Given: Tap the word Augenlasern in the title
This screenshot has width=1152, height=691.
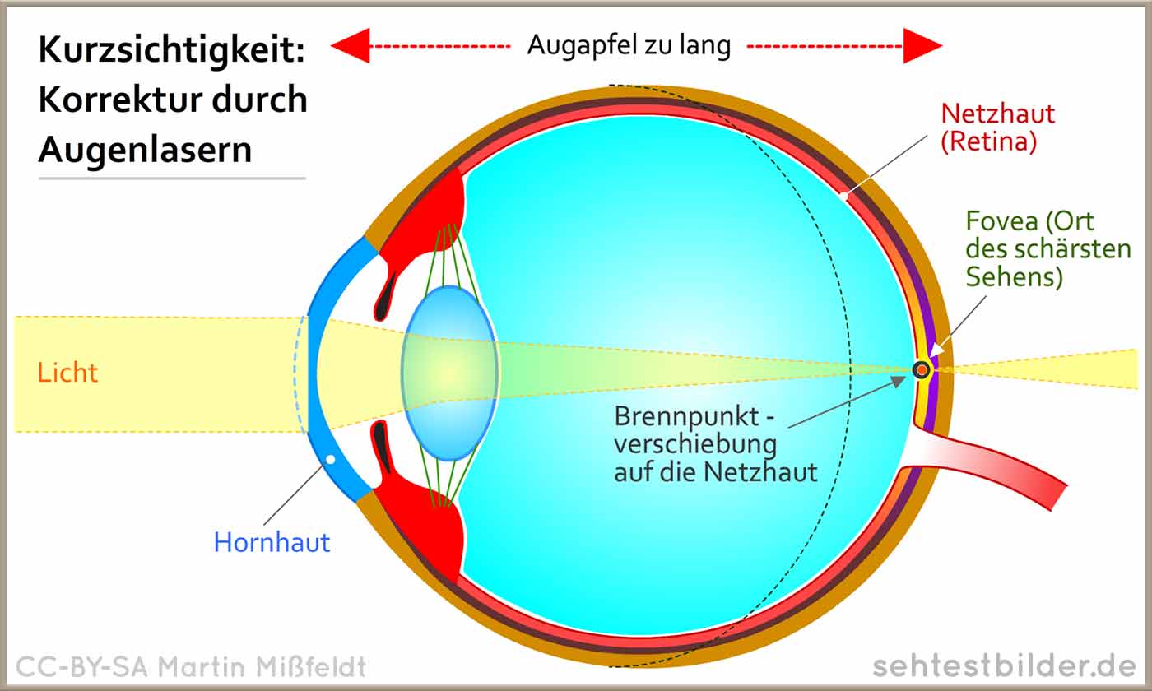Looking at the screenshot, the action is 145,150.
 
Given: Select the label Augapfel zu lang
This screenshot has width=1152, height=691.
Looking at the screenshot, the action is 629,45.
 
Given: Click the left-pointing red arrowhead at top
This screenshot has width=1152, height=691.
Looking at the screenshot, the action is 351,46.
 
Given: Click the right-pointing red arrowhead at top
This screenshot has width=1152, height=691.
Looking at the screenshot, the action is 923,46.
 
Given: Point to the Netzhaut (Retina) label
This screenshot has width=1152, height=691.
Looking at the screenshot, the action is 997,128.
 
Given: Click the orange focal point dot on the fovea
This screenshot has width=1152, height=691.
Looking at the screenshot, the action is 922,369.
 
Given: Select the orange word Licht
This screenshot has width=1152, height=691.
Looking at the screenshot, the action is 67,373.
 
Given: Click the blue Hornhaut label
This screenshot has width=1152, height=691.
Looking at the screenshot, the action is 272,542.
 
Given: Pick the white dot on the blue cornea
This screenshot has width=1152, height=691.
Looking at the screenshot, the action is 331,459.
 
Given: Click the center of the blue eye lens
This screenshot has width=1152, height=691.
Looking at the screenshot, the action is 449,373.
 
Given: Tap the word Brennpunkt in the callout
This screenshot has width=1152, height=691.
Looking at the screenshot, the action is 686,417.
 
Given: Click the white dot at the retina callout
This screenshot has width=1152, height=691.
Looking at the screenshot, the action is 844,196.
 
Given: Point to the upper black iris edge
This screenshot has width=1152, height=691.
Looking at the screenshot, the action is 385,298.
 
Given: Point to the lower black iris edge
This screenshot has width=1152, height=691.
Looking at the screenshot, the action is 383,446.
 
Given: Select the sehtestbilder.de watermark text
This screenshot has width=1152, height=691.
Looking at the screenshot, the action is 1005,667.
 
